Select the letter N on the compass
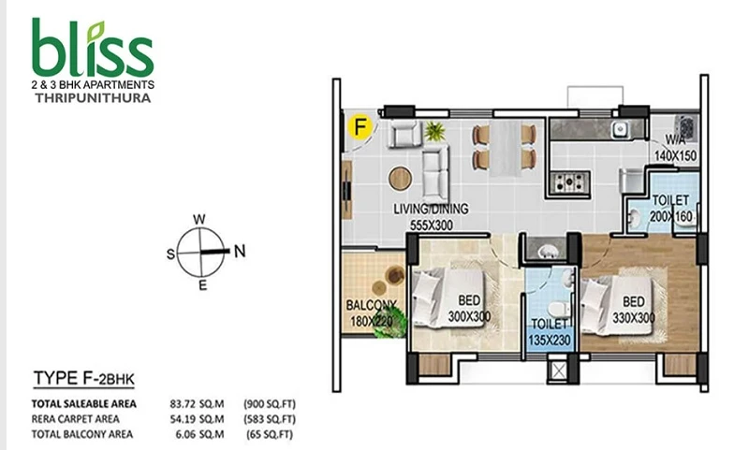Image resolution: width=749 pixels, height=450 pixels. (240, 251)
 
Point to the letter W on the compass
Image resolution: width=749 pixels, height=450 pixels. (199, 219)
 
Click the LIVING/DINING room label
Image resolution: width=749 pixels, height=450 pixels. (431, 209)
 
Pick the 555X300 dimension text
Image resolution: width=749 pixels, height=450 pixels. (432, 225)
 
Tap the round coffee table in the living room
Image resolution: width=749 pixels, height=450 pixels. (401, 178)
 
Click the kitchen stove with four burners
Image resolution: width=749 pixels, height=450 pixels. (569, 181)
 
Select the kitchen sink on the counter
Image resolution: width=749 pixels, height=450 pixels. (621, 128)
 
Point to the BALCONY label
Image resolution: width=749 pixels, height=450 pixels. (371, 305)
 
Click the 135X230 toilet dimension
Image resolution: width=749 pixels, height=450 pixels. (550, 341)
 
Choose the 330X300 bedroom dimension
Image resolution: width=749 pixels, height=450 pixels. (634, 317)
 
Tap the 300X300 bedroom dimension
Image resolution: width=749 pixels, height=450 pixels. (469, 316)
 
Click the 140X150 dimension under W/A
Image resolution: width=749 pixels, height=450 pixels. (675, 155)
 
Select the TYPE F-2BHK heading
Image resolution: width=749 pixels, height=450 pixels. (84, 378)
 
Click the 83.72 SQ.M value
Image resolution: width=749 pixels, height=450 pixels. (197, 404)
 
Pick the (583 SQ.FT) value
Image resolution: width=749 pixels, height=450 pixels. (270, 419)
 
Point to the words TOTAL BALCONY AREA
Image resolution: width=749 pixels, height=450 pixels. (82, 434)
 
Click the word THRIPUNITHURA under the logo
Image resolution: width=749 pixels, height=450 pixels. (93, 98)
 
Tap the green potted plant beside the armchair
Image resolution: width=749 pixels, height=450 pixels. (434, 131)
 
